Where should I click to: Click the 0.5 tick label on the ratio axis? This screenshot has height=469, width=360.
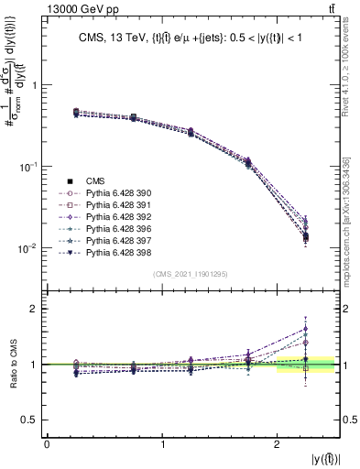(x=28, y=420)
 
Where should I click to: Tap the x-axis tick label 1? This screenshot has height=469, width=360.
(x=162, y=444)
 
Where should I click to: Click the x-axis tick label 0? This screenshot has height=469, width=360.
(x=47, y=444)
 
